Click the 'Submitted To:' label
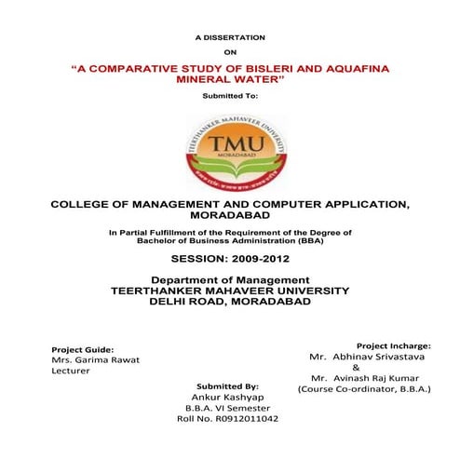(x=229, y=96)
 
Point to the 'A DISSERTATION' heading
(x=229, y=36)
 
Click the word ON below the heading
(x=229, y=53)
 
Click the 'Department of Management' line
(x=229, y=280)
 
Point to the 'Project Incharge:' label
(x=393, y=345)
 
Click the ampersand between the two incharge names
(x=369, y=367)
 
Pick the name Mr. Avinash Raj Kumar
(x=370, y=378)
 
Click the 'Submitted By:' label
(x=227, y=386)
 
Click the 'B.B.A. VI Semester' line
(x=228, y=408)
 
